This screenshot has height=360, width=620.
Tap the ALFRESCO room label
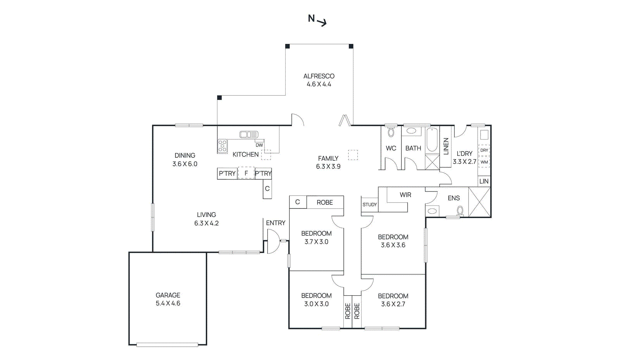[319, 76]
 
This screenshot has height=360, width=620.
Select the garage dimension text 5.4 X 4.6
[168, 303]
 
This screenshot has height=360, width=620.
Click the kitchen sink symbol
[248, 134]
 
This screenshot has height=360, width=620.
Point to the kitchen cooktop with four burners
[222, 146]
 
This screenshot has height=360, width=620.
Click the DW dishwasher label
[259, 145]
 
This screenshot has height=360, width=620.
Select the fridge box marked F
[246, 173]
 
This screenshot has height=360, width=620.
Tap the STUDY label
[369, 205]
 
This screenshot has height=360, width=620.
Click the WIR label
[405, 195]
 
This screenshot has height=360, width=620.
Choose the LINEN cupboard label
[446, 146]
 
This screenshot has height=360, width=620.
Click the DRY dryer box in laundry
[484, 150]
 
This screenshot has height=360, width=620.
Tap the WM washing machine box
[484, 162]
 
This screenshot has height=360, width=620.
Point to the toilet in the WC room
[391, 133]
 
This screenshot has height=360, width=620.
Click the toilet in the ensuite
[460, 211]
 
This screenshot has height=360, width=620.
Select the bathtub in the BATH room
[432, 140]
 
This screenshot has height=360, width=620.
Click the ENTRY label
[276, 223]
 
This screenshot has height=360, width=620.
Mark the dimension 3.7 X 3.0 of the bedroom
[316, 242]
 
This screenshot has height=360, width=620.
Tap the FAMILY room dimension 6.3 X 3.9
[328, 167]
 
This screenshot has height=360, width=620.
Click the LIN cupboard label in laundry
[484, 181]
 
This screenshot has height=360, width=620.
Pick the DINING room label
[185, 155]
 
